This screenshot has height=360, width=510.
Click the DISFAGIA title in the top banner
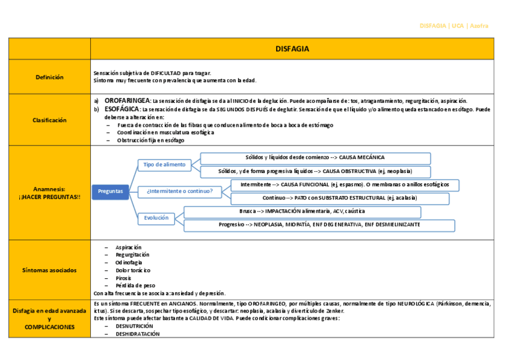(292, 49)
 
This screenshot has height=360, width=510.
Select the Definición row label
(49, 77)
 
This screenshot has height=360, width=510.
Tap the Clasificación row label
(49, 120)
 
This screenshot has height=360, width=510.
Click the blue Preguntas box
(110, 191)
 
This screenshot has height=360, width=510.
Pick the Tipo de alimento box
(164, 164)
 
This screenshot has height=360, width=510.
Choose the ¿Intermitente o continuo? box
(179, 191)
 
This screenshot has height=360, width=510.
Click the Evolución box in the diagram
(156, 218)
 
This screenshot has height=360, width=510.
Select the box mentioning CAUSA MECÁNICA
(315, 157)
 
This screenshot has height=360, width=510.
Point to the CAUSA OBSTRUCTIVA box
(315, 171)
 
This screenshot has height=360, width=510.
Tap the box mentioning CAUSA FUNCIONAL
(345, 185)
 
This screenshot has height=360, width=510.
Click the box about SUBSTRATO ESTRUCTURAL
(339, 198)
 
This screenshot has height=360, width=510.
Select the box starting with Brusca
(302, 212)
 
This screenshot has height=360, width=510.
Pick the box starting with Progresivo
(319, 225)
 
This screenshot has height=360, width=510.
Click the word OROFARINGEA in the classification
(127, 101)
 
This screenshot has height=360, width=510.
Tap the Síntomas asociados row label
(49, 270)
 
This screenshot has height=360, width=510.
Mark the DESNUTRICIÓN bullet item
(135, 326)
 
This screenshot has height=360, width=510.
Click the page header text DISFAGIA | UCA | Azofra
(453, 26)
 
